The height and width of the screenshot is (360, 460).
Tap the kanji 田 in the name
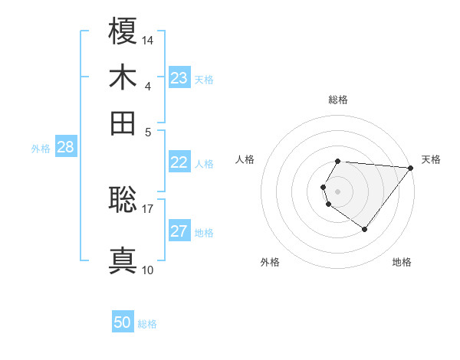pyautogui.click(x=123, y=123)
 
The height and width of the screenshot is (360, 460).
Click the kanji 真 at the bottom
pyautogui.click(x=123, y=261)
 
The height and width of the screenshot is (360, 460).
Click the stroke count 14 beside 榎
pyautogui.click(x=148, y=40)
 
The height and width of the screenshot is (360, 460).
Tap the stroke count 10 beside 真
pyautogui.click(x=148, y=270)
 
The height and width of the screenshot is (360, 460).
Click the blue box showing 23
pyautogui.click(x=179, y=78)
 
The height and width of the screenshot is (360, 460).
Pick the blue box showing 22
pyautogui.click(x=179, y=162)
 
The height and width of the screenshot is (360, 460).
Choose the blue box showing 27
pyautogui.click(x=179, y=231)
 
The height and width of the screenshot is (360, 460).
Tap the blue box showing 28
pyautogui.click(x=65, y=148)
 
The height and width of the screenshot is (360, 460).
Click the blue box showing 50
pyautogui.click(x=123, y=323)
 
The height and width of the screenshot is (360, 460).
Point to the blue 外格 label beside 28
pyautogui.click(x=41, y=149)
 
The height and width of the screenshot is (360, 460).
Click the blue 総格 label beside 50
pyautogui.click(x=147, y=324)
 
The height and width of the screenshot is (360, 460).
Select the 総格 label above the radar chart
pyautogui.click(x=338, y=100)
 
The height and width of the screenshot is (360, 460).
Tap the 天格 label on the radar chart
pyautogui.click(x=431, y=159)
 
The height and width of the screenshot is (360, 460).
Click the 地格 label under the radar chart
pyautogui.click(x=402, y=262)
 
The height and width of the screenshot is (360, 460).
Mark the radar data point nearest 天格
pyautogui.click(x=412, y=168)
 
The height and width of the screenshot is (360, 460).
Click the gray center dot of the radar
pyautogui.click(x=338, y=191)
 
